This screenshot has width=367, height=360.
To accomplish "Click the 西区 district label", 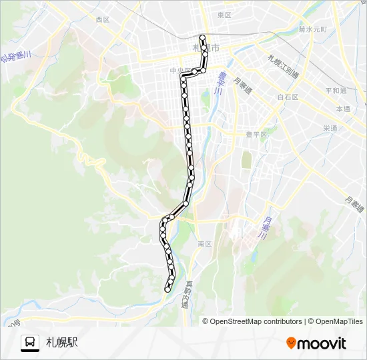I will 102,20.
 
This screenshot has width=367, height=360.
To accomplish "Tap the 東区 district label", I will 224,15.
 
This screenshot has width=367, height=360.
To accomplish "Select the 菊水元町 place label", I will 312,29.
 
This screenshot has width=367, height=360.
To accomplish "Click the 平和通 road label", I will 336,90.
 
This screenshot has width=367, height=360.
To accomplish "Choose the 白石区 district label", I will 288,97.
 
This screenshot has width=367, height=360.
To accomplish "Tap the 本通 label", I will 343,108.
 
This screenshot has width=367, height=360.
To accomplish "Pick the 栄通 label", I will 330,128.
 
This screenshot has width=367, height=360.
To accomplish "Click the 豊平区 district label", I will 256,134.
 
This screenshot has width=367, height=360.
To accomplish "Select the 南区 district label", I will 204,244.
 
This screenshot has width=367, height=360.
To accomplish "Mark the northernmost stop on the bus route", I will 202,37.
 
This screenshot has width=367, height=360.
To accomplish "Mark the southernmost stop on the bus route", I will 167,289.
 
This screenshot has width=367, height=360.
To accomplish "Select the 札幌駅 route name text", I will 62,343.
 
